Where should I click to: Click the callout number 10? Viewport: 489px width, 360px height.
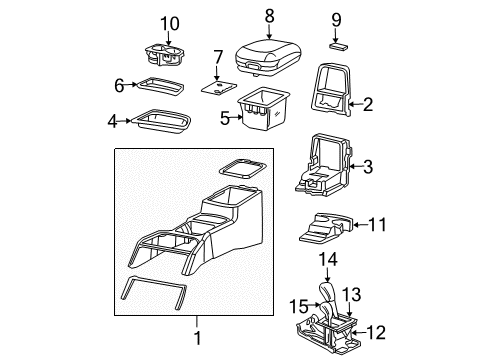coord(170,23)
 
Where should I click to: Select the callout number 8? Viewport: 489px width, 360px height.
coord(268,16)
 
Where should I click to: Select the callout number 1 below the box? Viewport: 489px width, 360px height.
coord(195,340)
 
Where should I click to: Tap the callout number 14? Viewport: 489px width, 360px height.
coord(325,263)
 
